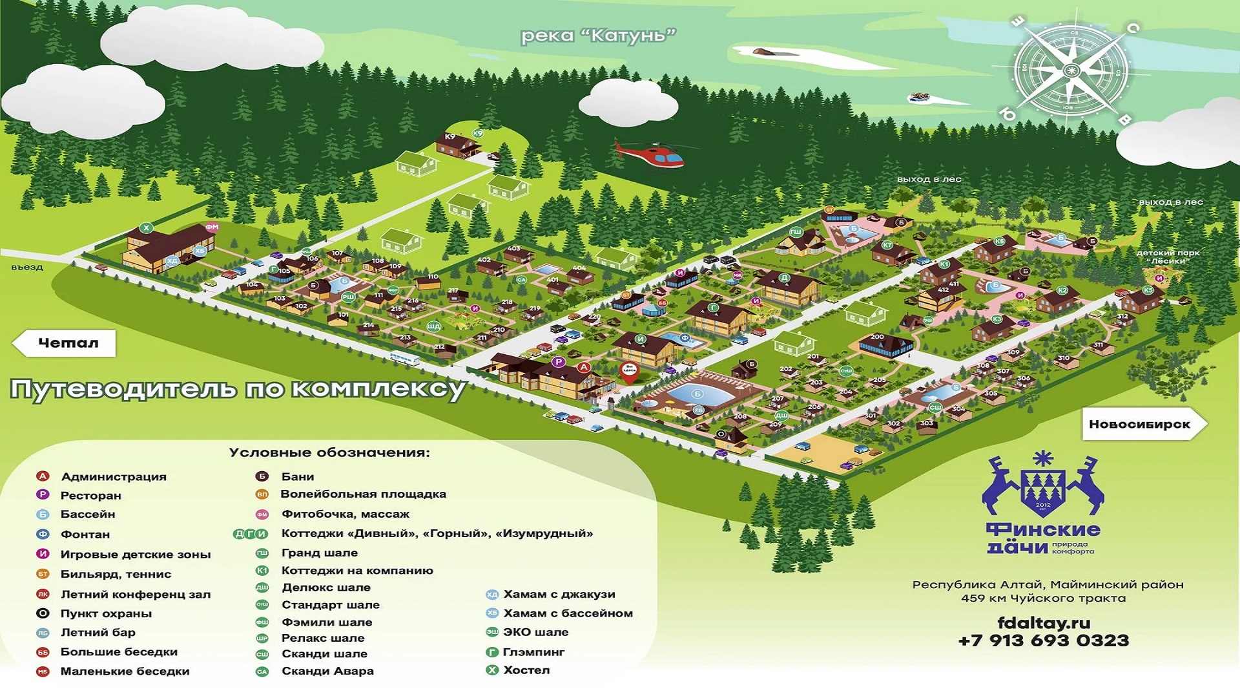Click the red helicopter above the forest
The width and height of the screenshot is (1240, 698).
coord(652,154)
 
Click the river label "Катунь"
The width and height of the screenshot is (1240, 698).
coord(598,36)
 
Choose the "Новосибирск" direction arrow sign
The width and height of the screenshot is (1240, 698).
coord(1141,424)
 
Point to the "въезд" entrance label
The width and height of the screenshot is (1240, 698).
coord(27,267)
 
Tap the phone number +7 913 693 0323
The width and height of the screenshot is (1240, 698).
coord(1043,640)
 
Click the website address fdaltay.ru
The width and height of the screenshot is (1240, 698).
coord(1044,623)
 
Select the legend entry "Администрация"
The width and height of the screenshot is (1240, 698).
coord(113,477)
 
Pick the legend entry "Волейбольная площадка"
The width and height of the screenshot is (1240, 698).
coord(363,494)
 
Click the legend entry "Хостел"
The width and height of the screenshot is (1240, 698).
coord(526,670)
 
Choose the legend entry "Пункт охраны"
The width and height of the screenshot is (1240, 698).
coord(106,613)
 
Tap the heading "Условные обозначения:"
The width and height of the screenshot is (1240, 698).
coord(329,452)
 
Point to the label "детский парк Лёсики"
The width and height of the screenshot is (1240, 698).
coord(1169,257)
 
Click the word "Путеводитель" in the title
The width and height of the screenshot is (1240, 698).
coord(123,390)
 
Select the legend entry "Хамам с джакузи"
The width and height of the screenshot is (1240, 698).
coord(559,594)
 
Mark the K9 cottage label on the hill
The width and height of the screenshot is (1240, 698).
coord(450,136)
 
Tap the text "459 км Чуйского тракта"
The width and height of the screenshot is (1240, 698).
coord(1043,598)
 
